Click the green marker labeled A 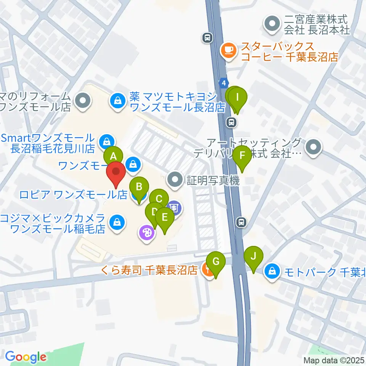click(113, 156)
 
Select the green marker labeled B click(139, 187)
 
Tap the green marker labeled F click(242, 156)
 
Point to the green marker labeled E click(165, 217)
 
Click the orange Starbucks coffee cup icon click(229, 50)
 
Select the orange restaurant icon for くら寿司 click(208, 271)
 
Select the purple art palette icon click(147, 232)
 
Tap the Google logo click(26, 357)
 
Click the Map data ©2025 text click(334, 360)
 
